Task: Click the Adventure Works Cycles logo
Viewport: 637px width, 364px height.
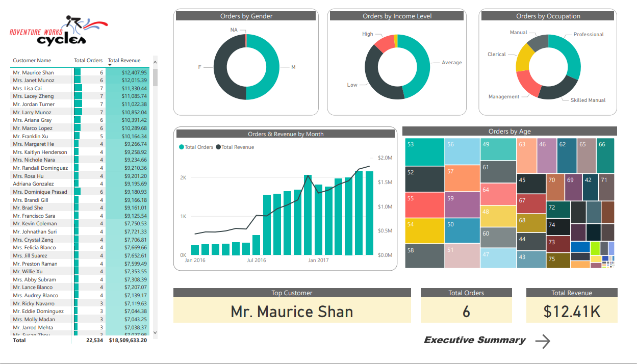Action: click(x=58, y=31)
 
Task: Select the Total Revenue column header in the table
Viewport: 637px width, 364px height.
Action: click(x=120, y=60)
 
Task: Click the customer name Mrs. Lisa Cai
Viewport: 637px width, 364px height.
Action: click(x=28, y=88)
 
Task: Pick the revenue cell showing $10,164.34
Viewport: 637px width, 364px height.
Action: click(x=134, y=136)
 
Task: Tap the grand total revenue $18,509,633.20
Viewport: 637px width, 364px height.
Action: click(x=128, y=340)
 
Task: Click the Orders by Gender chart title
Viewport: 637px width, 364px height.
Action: click(x=246, y=16)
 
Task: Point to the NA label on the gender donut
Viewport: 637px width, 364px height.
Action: click(x=234, y=30)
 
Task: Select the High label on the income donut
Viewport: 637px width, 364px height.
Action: click(x=367, y=34)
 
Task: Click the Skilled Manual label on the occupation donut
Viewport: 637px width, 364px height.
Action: click(x=588, y=100)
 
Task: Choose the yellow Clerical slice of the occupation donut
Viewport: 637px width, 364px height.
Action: click(x=523, y=58)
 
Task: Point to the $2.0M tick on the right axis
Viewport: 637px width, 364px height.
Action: click(x=385, y=158)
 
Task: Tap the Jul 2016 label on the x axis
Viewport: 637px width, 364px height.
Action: click(x=257, y=261)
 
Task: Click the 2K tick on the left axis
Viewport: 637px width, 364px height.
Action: click(x=183, y=177)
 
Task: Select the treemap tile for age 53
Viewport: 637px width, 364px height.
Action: click(x=424, y=152)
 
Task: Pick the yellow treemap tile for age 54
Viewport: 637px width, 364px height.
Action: click(x=424, y=231)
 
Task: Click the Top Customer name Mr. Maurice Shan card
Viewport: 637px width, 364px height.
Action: click(x=292, y=311)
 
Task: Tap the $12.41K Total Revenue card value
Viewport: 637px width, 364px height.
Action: click(x=572, y=311)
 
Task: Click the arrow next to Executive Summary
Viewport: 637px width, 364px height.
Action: click(x=543, y=341)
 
